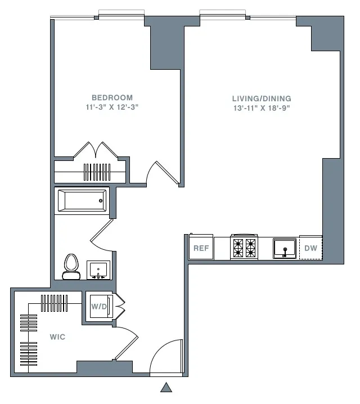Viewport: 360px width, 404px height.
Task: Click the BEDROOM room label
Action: [x=112, y=97]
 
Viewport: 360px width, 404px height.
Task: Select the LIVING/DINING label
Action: [x=262, y=98]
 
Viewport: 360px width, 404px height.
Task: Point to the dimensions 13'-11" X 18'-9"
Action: [x=262, y=108]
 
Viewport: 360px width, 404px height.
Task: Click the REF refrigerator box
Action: [x=201, y=248]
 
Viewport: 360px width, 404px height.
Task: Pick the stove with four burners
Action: [x=244, y=248]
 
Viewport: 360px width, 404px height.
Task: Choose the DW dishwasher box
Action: [x=310, y=248]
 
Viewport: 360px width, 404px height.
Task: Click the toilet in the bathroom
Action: [x=71, y=266]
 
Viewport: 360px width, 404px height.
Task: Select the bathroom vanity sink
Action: [x=98, y=270]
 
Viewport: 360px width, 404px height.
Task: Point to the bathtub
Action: [x=82, y=200]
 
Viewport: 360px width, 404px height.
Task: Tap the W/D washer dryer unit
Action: [x=98, y=307]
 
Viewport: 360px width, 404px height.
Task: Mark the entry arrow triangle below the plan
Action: [x=166, y=387]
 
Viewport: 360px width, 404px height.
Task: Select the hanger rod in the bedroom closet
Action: [x=91, y=172]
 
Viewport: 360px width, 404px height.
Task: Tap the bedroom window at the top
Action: [x=120, y=15]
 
